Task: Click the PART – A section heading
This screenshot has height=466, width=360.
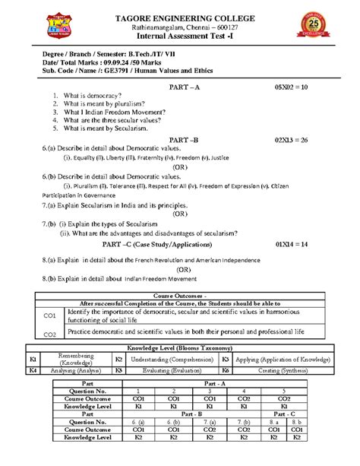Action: (x=183, y=88)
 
